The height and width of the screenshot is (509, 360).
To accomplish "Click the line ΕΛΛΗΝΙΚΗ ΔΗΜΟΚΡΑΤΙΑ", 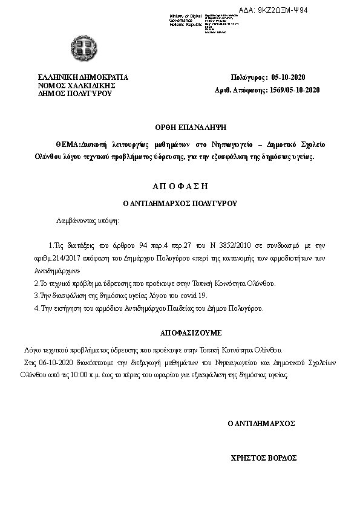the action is click(x=83, y=78).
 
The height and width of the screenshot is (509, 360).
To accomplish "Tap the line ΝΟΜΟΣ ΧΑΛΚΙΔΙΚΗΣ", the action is click(x=77, y=86).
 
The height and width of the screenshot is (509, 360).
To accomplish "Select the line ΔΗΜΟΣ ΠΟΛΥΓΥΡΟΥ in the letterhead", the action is click(x=75, y=94).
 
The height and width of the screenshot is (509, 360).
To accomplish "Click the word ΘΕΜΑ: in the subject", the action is click(x=68, y=145).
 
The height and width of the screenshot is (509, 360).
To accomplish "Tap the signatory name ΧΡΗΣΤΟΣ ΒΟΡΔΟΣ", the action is click(x=264, y=458).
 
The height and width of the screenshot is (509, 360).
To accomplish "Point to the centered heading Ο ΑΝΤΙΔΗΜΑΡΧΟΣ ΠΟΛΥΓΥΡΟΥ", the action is click(x=180, y=204).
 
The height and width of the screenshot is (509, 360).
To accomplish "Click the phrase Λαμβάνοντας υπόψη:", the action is click(x=88, y=222).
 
